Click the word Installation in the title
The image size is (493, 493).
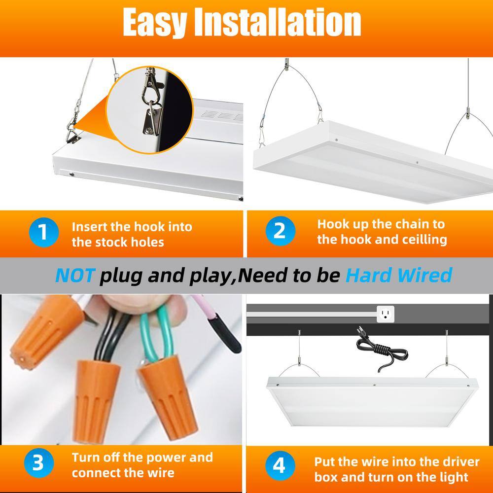pos(278,22)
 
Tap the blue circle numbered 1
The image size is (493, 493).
pos(44,232)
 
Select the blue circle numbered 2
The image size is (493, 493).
pos(280,231)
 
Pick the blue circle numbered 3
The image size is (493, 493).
pos(38,463)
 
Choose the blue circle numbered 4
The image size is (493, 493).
pos(280,465)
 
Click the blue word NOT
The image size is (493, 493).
pos(74,276)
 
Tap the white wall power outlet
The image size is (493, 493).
pos(386,314)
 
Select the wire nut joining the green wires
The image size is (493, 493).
pos(167,398)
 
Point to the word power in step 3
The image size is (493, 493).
pos(171,458)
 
